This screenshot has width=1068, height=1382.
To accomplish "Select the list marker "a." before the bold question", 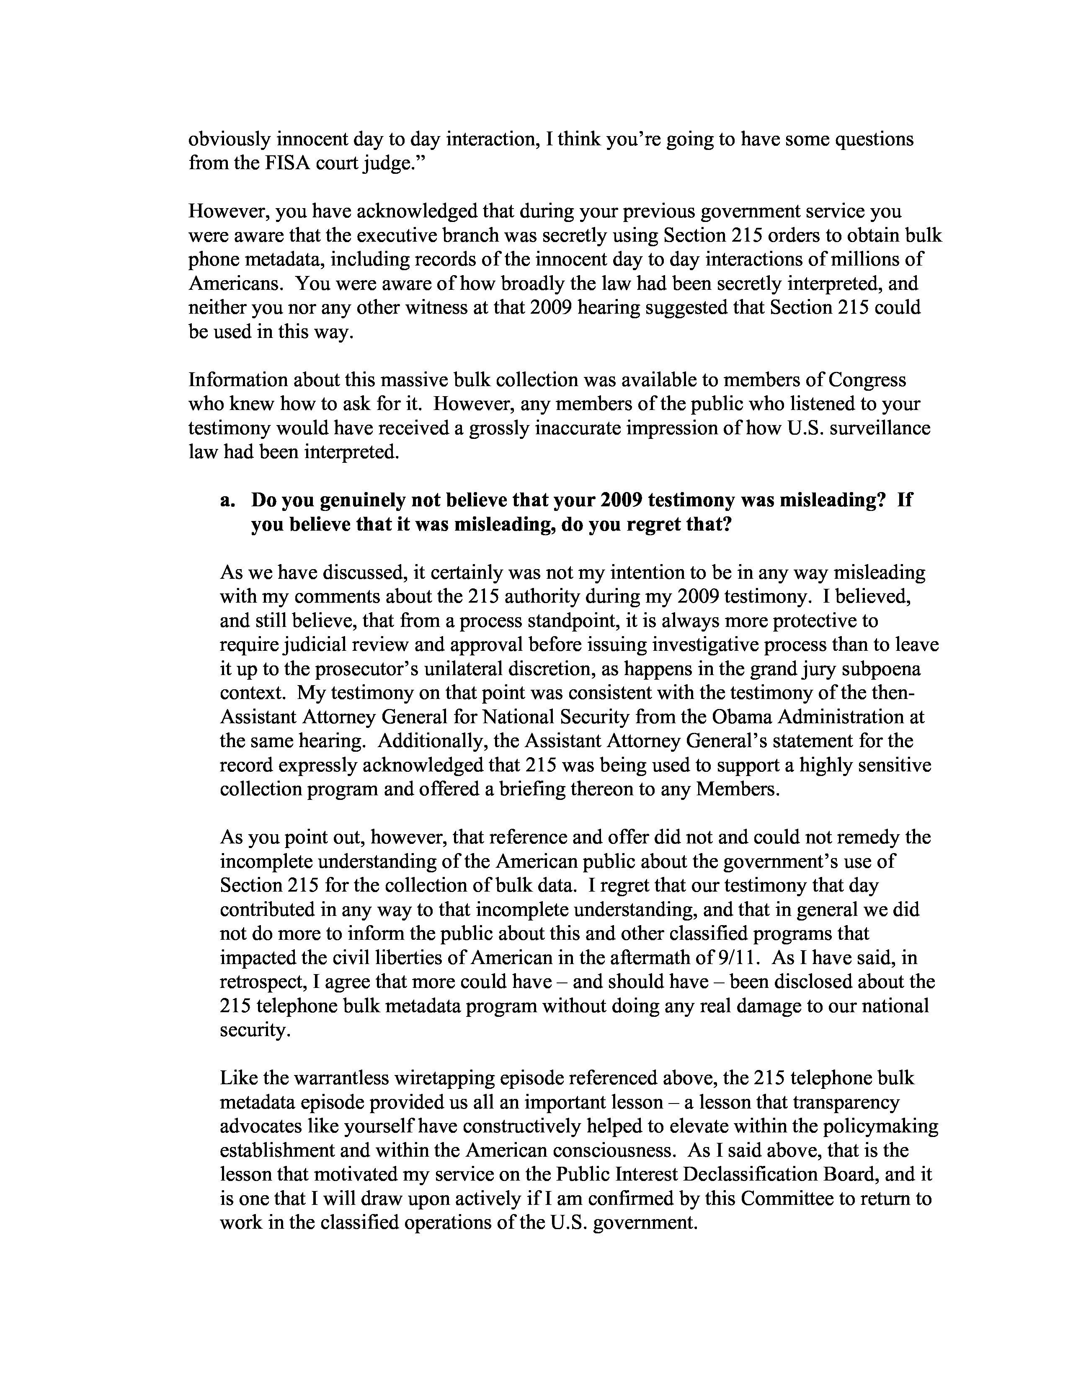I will click(x=228, y=500).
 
